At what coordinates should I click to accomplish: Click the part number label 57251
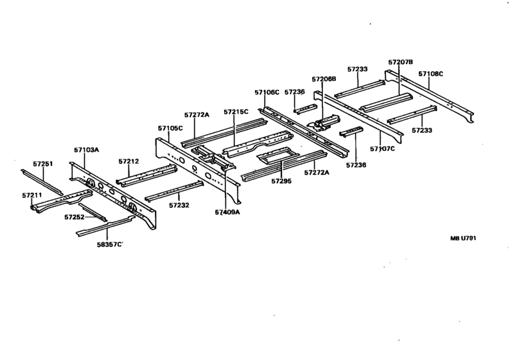(43, 164)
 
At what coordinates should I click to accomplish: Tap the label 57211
(32, 195)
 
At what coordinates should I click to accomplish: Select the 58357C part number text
(110, 244)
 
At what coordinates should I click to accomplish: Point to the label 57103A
(87, 150)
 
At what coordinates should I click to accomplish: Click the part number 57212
(129, 161)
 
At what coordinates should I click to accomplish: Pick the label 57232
(179, 205)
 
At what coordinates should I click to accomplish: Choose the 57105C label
(170, 128)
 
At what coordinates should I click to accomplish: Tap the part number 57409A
(227, 212)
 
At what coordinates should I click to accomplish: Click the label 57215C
(236, 112)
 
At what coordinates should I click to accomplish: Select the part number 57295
(282, 181)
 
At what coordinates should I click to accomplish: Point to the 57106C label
(267, 93)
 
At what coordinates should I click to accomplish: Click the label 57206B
(324, 79)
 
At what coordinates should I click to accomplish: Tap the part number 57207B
(401, 62)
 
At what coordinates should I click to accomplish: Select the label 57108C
(430, 74)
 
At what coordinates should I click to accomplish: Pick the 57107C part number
(383, 148)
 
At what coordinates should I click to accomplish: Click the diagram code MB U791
(463, 239)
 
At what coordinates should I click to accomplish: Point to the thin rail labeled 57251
(42, 183)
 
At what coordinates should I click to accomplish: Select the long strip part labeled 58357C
(106, 225)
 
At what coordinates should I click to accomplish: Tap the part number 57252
(75, 217)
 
